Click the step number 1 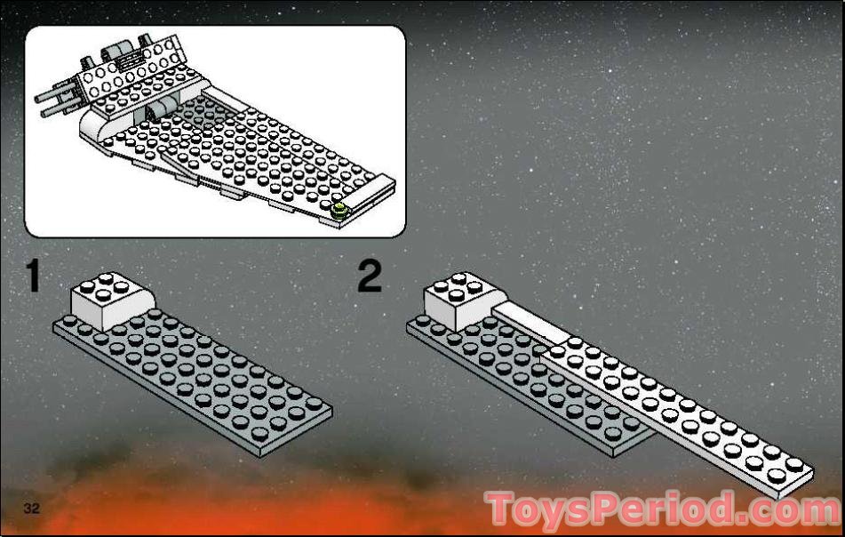point(33,277)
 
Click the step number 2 point(370,277)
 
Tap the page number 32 point(34,508)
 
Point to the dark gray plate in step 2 point(498,373)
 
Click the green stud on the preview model point(339,211)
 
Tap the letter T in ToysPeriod point(503,509)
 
